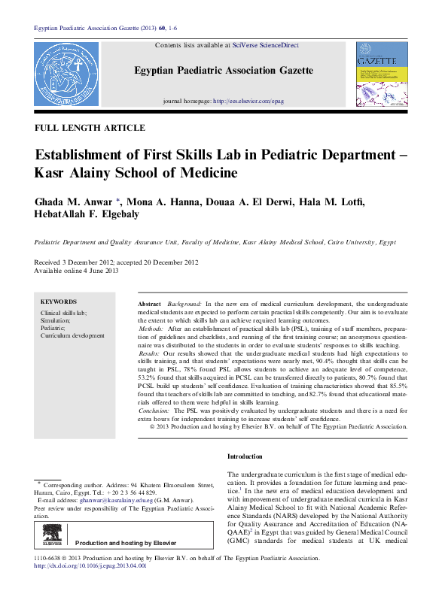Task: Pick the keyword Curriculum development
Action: point(72,335)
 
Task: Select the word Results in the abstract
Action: point(149,352)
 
